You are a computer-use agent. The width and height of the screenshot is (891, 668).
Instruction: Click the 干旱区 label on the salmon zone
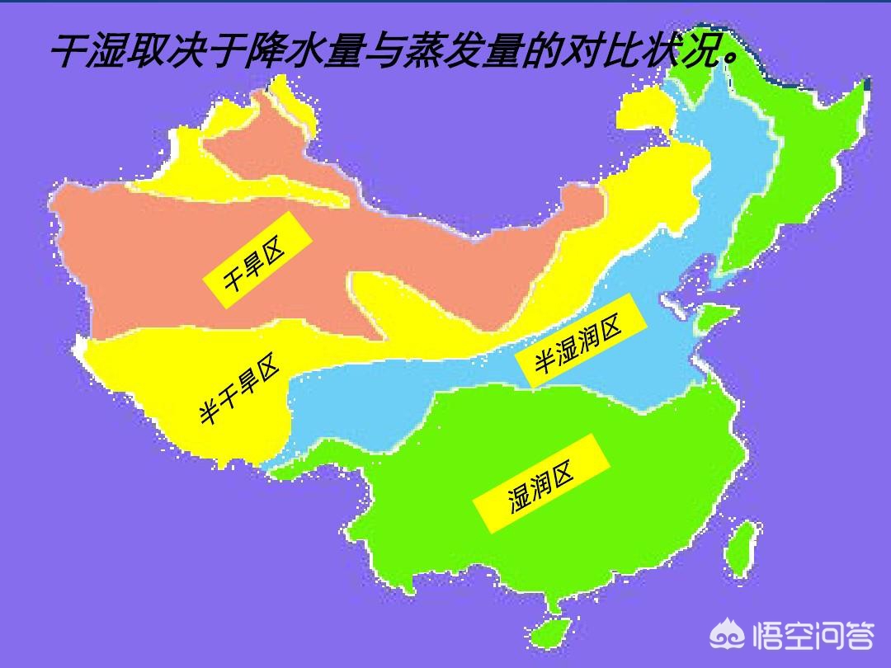(x=256, y=266)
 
